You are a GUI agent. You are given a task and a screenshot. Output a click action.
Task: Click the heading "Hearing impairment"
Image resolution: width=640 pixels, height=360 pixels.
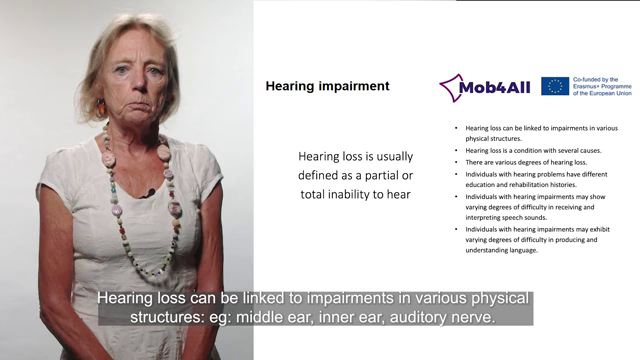(x=327, y=86)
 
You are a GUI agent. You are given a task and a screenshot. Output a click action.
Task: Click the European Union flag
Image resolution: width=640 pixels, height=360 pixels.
(x=555, y=86)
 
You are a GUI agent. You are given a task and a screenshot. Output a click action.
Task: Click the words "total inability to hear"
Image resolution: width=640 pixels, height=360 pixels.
(x=356, y=193)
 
